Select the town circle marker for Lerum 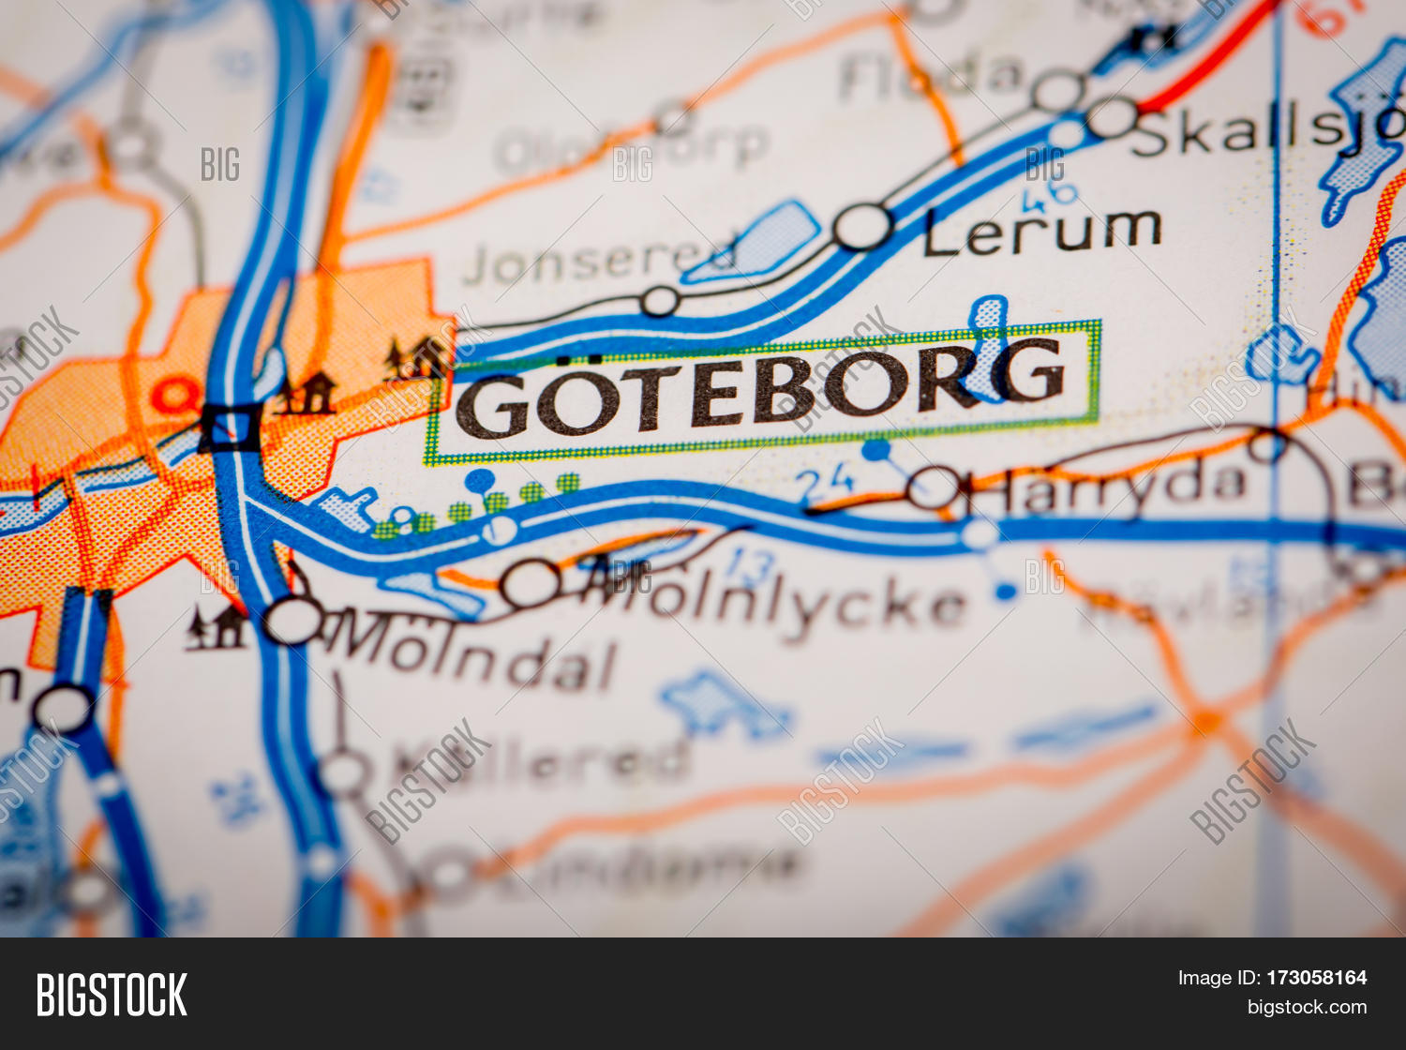click(862, 227)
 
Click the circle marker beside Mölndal click(293, 620)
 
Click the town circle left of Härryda click(934, 487)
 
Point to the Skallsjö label click(1265, 133)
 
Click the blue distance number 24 click(825, 484)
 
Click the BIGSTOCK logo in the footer click(112, 995)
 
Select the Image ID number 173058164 click(1317, 978)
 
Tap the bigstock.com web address click(1307, 1008)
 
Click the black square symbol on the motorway click(231, 427)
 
